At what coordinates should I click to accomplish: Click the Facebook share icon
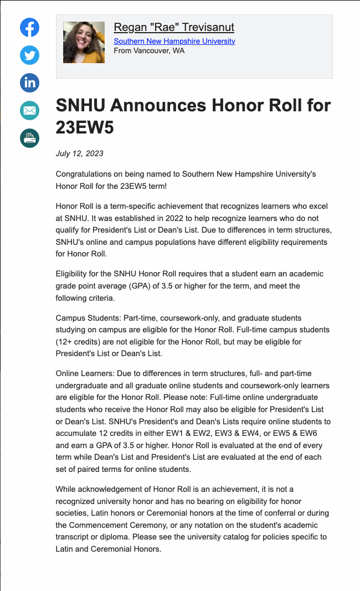(x=30, y=28)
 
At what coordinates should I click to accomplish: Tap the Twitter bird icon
(x=30, y=55)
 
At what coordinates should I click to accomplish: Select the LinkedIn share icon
(x=30, y=83)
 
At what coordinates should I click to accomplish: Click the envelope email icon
(x=30, y=110)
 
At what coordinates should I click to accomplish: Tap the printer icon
(x=30, y=138)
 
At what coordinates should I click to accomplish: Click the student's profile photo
(x=84, y=43)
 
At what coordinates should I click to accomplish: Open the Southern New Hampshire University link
(x=174, y=42)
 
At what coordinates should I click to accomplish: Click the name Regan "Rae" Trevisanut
(x=174, y=27)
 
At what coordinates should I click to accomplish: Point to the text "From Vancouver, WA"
(x=149, y=51)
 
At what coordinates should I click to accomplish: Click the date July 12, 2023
(x=80, y=153)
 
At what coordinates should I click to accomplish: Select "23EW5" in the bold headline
(x=85, y=127)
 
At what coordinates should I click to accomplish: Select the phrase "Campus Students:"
(x=88, y=318)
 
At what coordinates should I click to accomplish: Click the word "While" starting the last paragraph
(x=66, y=489)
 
